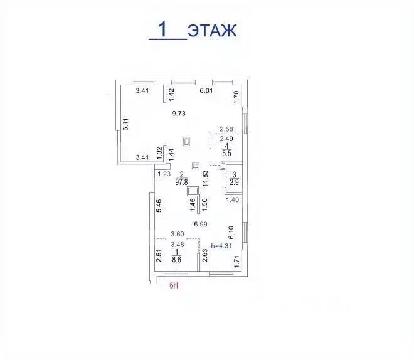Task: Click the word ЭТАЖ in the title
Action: click(x=212, y=30)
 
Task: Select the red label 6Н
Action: click(x=174, y=285)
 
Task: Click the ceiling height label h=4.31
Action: click(x=221, y=246)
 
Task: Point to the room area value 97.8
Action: click(x=181, y=182)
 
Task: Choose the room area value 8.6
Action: click(x=176, y=260)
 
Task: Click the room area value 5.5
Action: click(x=226, y=153)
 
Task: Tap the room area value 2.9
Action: click(x=234, y=182)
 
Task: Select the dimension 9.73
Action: click(x=179, y=114)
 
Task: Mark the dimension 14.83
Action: click(x=205, y=179)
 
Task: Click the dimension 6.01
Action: click(x=206, y=91)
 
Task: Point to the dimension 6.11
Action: click(x=125, y=124)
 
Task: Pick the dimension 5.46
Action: click(x=159, y=206)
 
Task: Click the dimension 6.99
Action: click(x=201, y=225)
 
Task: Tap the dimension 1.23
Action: click(x=164, y=174)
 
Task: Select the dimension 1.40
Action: click(x=232, y=200)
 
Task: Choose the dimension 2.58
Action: click(x=226, y=129)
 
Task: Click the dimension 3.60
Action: click(x=178, y=234)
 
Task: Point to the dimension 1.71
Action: click(x=236, y=262)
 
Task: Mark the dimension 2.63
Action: click(x=204, y=255)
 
